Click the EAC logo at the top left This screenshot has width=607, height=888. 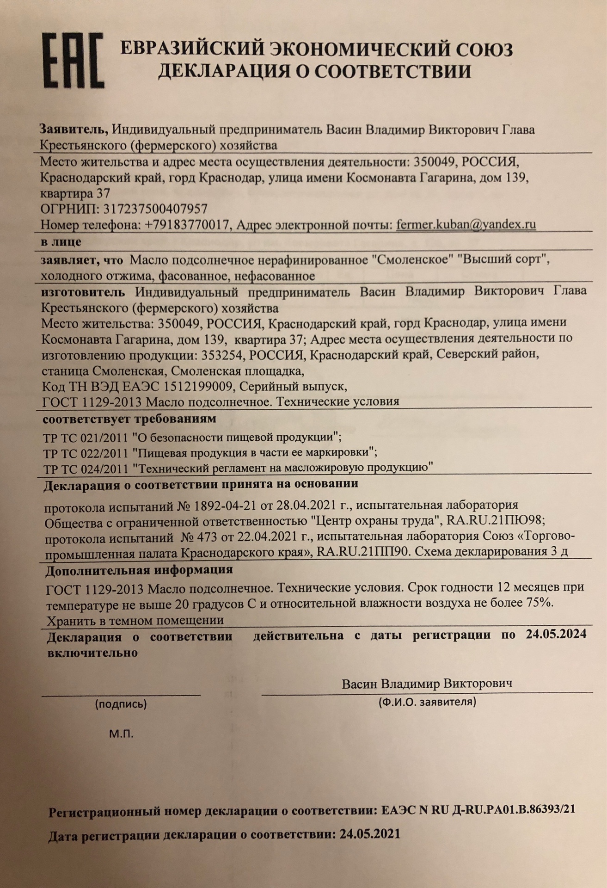(73, 61)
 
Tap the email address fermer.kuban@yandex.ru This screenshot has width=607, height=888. (466, 225)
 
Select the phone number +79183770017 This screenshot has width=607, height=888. (187, 225)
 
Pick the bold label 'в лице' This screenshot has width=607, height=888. (61, 242)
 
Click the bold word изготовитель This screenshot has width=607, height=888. (83, 292)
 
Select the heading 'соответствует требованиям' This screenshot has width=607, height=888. (129, 419)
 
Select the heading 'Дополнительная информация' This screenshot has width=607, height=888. (139, 570)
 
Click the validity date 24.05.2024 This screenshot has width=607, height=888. (556, 635)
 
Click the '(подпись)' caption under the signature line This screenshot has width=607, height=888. (121, 704)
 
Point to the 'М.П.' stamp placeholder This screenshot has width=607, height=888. (121, 734)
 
